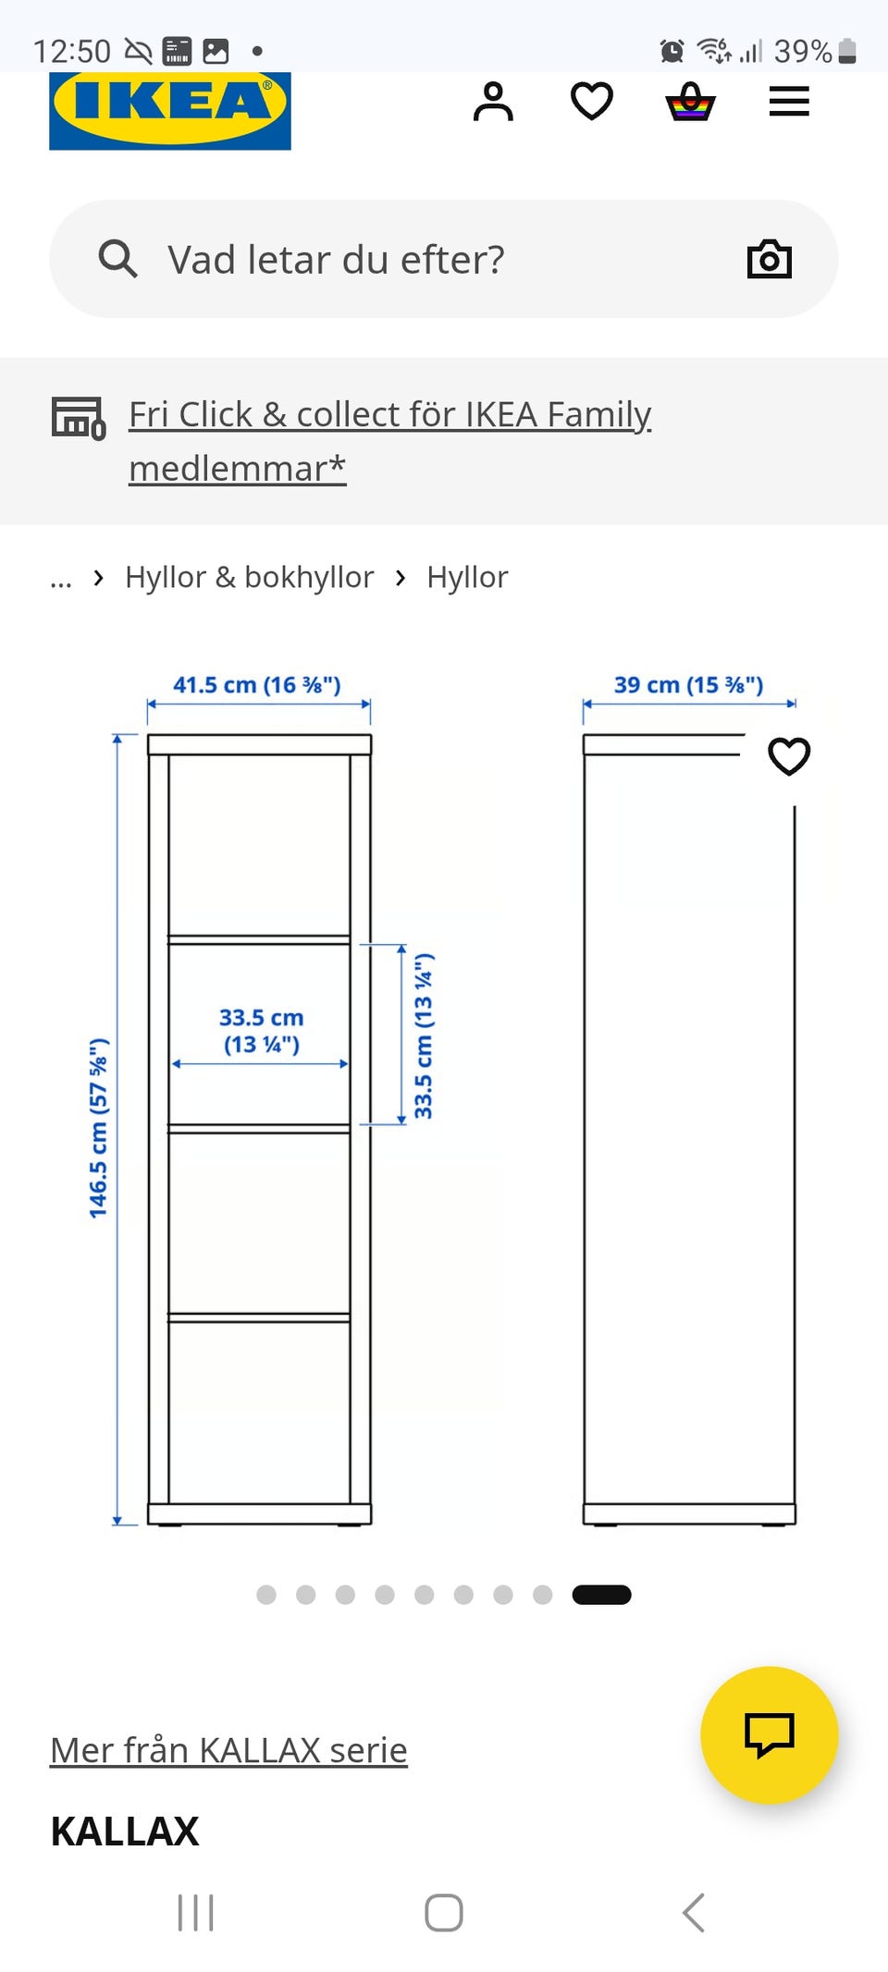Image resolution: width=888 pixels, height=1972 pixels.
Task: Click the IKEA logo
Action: point(170,111)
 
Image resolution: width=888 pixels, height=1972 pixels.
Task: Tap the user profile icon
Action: point(493,102)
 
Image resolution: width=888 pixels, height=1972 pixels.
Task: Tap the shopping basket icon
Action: point(690,102)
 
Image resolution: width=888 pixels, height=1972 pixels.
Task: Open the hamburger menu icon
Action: point(789,102)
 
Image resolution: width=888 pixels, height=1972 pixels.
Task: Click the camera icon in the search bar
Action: point(770,259)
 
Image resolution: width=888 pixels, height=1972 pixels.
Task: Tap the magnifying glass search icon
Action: point(117,259)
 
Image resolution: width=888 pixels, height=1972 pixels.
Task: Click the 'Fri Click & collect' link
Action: point(390,441)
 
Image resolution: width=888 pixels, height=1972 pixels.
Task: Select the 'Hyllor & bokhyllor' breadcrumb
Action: point(250,577)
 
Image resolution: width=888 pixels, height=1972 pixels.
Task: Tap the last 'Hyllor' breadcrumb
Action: point(467,577)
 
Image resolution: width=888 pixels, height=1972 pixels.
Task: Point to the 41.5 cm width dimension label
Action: point(257,685)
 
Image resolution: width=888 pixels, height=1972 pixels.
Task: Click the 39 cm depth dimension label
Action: point(689,685)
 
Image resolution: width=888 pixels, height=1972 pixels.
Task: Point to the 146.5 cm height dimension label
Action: point(98,1128)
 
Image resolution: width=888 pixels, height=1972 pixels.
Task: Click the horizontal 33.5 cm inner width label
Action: point(262,1031)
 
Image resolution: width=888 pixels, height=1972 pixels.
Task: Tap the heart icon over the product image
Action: point(789,756)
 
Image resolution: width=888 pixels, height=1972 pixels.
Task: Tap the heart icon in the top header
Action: point(592,102)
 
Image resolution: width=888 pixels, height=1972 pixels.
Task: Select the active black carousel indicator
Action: point(601,1595)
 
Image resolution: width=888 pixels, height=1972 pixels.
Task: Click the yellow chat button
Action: point(770,1735)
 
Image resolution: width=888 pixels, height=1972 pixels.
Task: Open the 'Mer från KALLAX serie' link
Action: point(228,1750)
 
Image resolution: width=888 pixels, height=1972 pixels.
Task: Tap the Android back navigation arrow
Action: point(694,1913)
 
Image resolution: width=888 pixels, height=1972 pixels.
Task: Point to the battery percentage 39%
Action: point(803,51)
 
